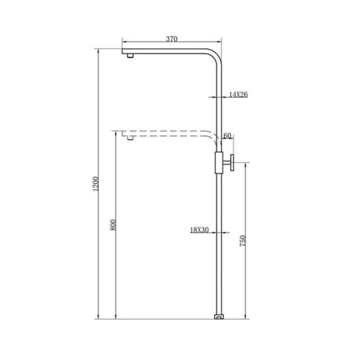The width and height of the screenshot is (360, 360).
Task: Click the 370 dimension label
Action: pos(171,39)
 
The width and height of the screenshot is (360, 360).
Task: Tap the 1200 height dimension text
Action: pos(95,184)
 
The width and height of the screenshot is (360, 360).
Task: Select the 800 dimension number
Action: pos(113,225)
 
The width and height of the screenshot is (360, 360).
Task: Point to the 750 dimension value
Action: pos(243,241)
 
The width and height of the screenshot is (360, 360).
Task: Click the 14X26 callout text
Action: pos(238,94)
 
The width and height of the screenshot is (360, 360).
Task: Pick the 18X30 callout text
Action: pos(199,229)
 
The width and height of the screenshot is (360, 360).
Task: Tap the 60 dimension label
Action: pos(227,136)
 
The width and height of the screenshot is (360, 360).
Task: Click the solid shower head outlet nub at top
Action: pos(130,56)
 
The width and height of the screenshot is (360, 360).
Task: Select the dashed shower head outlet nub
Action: pos(130,138)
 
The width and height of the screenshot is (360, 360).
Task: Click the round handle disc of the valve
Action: pos(232,163)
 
